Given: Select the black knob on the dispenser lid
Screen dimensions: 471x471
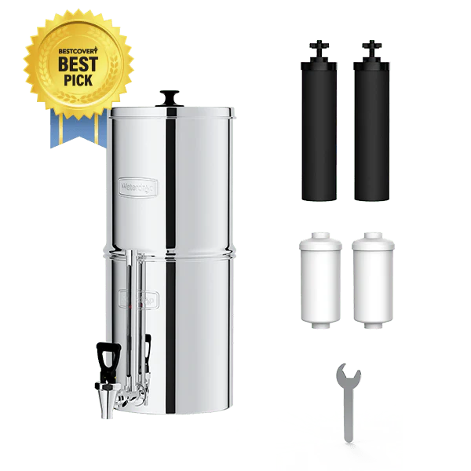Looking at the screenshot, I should [x=169, y=98].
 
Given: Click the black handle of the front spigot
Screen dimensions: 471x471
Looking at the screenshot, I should [x=106, y=360].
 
